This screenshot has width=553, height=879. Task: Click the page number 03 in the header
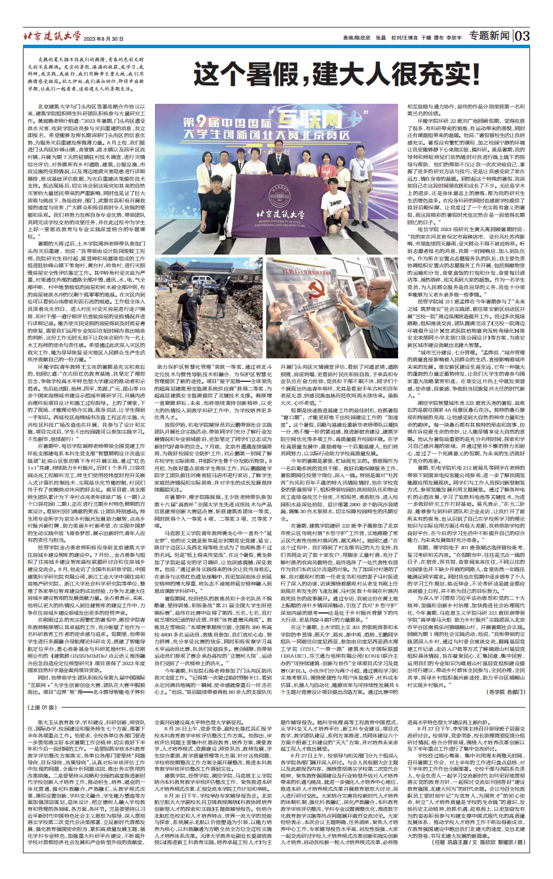coord(522,36)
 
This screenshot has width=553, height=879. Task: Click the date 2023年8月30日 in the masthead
coord(103,39)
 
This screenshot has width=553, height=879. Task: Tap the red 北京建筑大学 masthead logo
coord(52,36)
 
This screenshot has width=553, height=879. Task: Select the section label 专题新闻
coord(489,36)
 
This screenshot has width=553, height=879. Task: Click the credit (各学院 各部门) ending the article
coord(505,692)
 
